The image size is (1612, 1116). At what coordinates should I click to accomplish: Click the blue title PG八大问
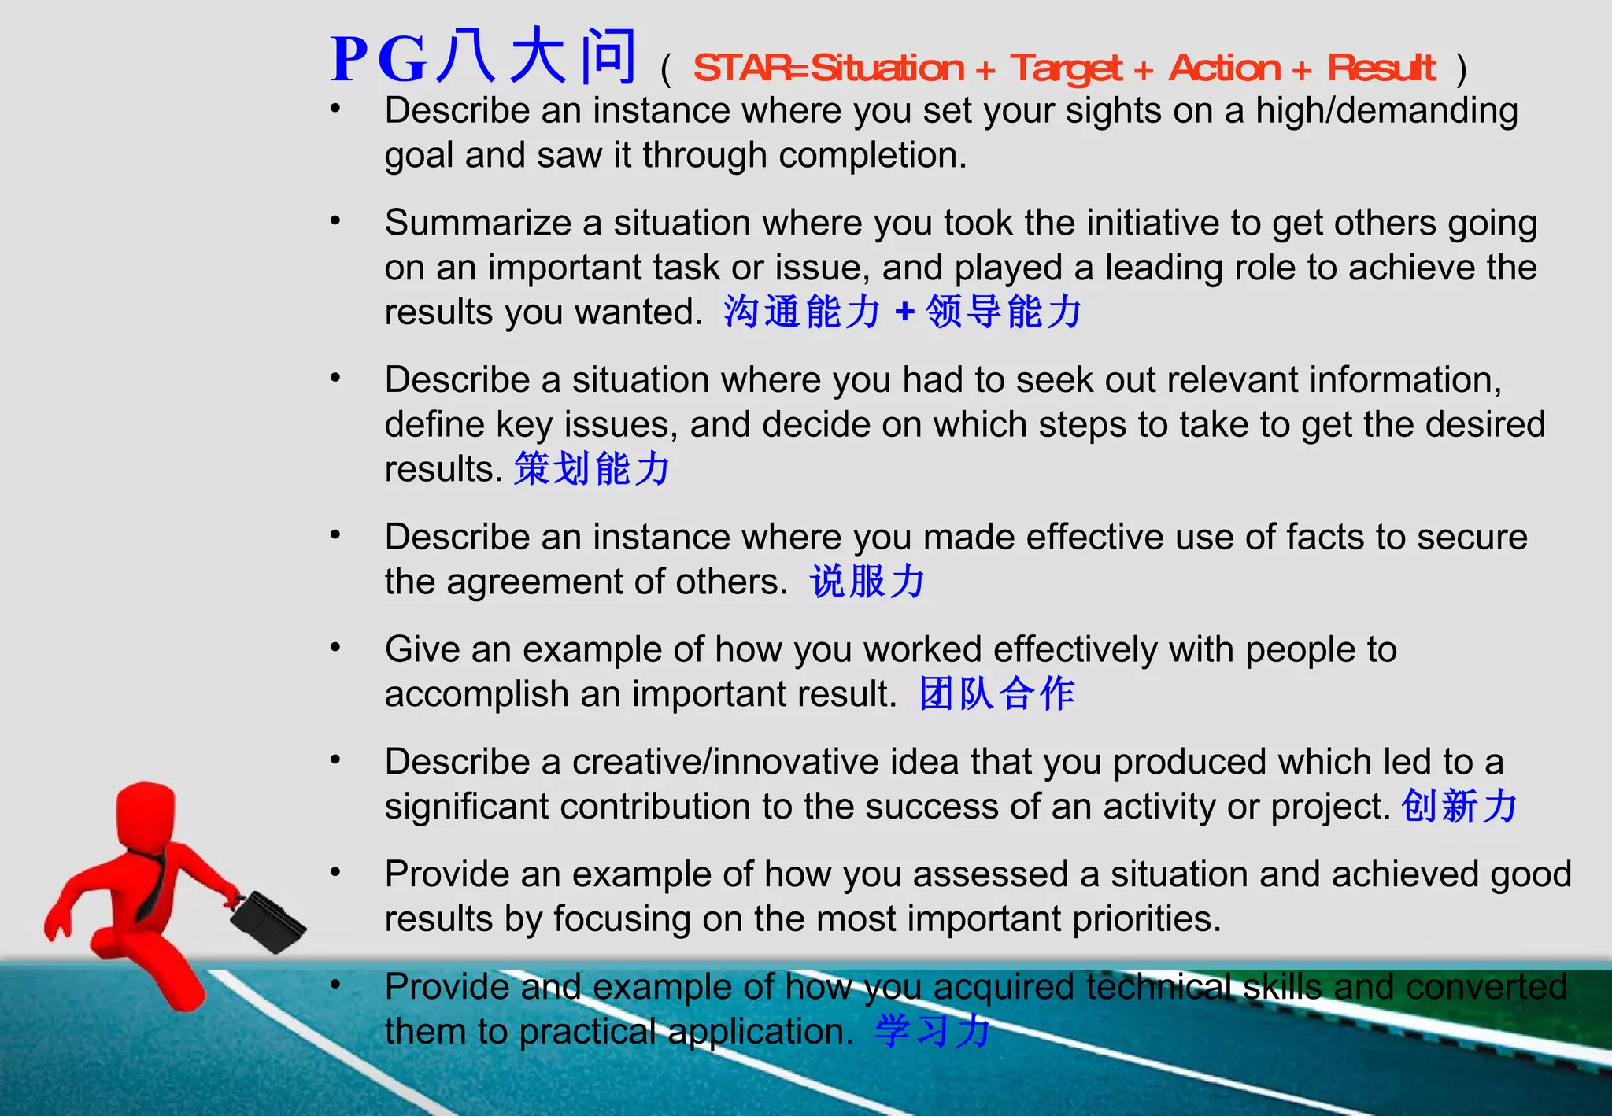[x=482, y=58]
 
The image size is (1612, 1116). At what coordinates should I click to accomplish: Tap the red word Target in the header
[x=1067, y=69]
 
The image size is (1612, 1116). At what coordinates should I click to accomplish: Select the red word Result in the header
[x=1381, y=68]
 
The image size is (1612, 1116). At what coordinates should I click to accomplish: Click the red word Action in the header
[x=1224, y=68]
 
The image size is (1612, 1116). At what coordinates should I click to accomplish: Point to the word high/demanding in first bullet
[x=1386, y=111]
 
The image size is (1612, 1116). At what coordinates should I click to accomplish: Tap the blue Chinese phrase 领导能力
[x=1004, y=312]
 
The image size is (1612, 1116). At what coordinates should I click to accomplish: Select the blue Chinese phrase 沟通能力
[x=802, y=312]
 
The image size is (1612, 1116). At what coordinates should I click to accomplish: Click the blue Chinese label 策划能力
[x=592, y=469]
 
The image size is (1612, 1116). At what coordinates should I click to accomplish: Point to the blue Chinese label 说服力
[x=867, y=582]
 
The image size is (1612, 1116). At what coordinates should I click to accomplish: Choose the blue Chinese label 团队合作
[x=997, y=694]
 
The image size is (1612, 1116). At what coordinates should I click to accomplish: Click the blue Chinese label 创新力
[x=1459, y=807]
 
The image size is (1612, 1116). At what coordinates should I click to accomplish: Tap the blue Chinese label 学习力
[x=933, y=1031]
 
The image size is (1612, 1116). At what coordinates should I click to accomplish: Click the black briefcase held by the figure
[x=268, y=922]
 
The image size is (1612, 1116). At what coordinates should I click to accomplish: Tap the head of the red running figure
[x=146, y=815]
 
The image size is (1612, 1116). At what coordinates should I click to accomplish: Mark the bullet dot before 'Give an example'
[x=335, y=648]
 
